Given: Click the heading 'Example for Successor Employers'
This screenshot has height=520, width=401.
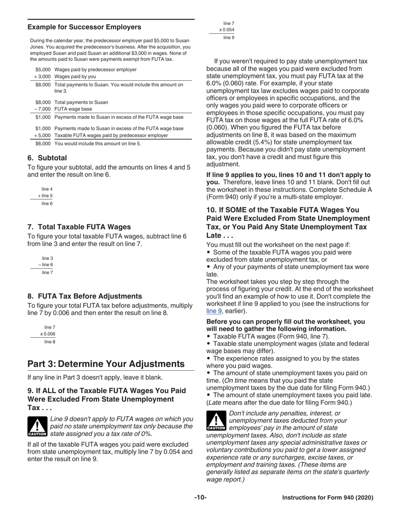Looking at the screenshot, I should click(x=84, y=27).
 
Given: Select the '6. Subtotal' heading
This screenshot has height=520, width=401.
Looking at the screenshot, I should click(x=47, y=158).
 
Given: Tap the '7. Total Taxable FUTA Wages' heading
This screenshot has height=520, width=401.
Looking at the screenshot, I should click(x=79, y=227).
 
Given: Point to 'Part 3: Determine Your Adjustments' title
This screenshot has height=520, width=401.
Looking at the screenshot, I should click(x=106, y=364).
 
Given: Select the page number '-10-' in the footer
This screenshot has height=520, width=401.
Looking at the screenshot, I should click(x=200, y=498).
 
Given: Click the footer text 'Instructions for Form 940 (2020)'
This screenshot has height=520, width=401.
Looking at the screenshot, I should click(x=328, y=498).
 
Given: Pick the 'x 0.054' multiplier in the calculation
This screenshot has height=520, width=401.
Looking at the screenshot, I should click(x=227, y=30).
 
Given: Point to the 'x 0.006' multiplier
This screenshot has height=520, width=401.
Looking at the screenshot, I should click(x=48, y=334).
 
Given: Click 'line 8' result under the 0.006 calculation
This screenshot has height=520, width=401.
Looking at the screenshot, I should click(x=49, y=342).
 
